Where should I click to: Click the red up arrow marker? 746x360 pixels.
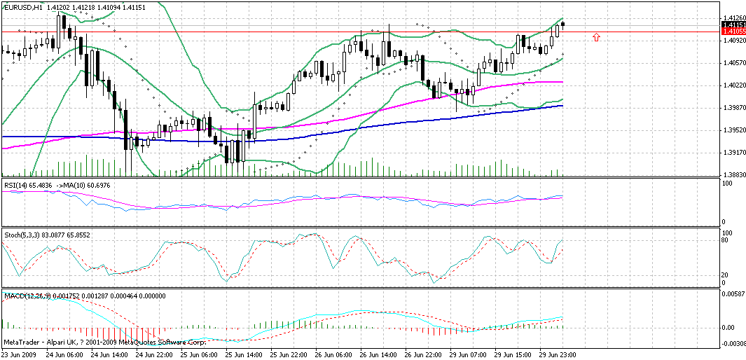pyautogui.click(x=596, y=36)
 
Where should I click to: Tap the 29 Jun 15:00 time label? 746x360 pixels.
pyautogui.click(x=511, y=355)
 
